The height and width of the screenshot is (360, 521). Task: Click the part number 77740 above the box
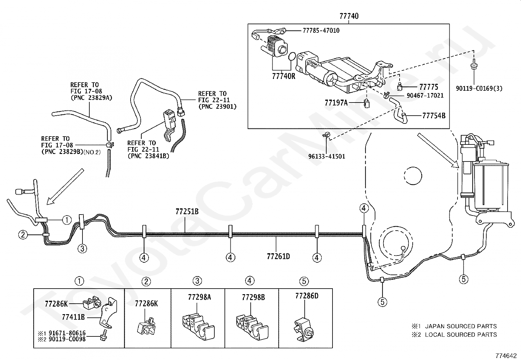pyautogui.click(x=349, y=16)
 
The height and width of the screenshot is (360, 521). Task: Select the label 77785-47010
pyautogui.click(x=321, y=30)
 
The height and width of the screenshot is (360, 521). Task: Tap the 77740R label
pyautogui.click(x=283, y=76)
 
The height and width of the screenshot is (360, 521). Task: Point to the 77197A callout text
pyautogui.click(x=336, y=103)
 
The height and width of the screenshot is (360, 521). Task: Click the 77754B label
pyautogui.click(x=434, y=116)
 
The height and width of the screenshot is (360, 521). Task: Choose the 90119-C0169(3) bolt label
pyautogui.click(x=479, y=88)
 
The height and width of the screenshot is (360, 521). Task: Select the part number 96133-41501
pyautogui.click(x=327, y=156)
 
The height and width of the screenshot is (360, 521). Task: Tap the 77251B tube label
pyautogui.click(x=187, y=211)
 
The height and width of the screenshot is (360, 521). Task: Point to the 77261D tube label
pyautogui.click(x=278, y=256)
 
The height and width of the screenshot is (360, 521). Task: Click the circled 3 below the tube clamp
pyautogui.click(x=82, y=248)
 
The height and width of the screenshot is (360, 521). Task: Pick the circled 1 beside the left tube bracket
pyautogui.click(x=67, y=220)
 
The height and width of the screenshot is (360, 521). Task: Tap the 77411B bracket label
pyautogui.click(x=73, y=317)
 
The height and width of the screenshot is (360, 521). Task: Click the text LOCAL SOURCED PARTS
pyautogui.click(x=461, y=335)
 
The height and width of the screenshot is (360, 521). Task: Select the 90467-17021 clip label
pyautogui.click(x=425, y=95)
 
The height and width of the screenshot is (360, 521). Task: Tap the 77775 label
pyautogui.click(x=429, y=87)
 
